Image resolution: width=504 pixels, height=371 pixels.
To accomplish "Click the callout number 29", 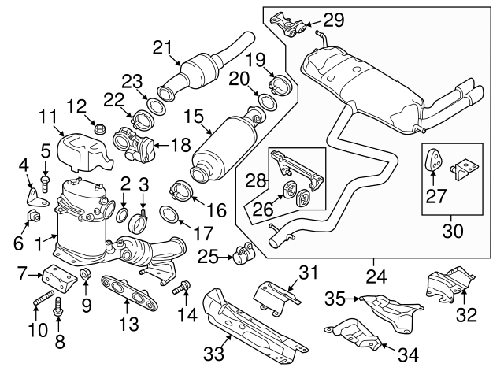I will (x=334, y=20).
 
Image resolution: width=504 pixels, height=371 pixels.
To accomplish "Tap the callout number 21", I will (x=161, y=49).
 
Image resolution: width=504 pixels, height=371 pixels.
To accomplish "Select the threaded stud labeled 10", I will (x=43, y=303).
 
